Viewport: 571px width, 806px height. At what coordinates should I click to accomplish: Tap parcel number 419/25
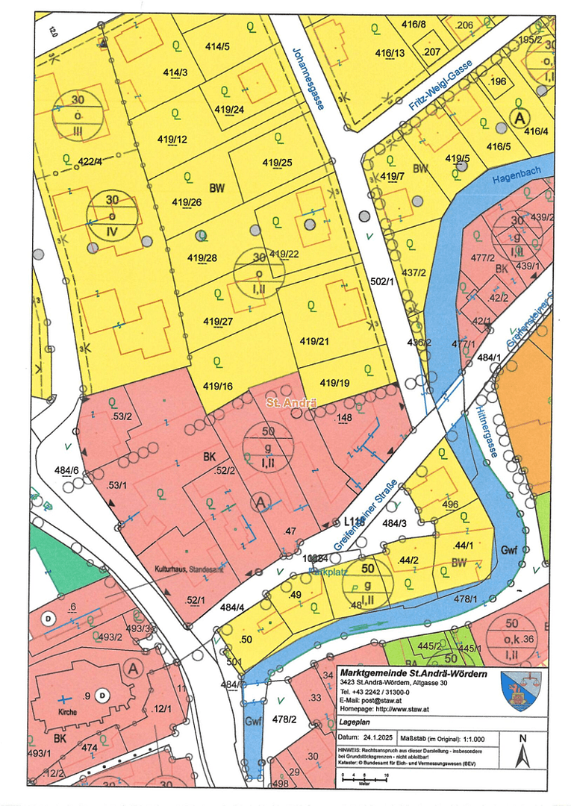[x=277, y=162]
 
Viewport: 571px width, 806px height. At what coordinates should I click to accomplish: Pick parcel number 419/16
[x=216, y=386]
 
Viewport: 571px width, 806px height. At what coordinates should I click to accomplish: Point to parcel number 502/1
[x=380, y=281]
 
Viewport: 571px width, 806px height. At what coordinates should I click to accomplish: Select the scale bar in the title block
[x=365, y=778]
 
